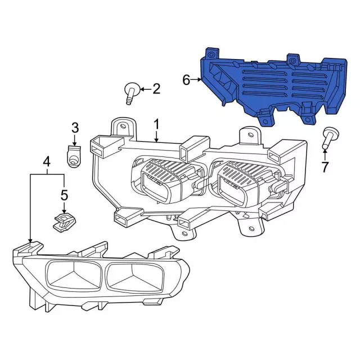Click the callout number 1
point(156,125)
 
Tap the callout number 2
point(156,89)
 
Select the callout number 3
point(75,128)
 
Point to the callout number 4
point(47,162)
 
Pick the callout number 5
point(64,195)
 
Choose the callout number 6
point(186,80)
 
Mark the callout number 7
point(325,167)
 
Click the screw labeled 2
point(132,93)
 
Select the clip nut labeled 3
point(74,156)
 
